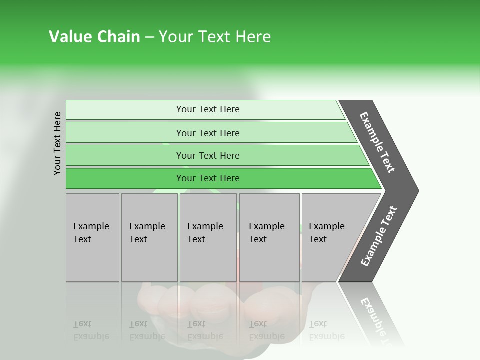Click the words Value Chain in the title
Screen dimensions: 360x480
[x=94, y=37]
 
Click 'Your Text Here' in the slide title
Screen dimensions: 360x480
[x=215, y=37]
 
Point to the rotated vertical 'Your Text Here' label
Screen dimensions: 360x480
[x=57, y=143]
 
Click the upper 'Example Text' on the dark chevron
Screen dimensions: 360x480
[x=377, y=142]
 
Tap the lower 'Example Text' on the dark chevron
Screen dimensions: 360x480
[x=379, y=236]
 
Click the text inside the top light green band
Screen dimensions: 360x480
[x=208, y=109]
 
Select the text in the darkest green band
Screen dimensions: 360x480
[x=208, y=178]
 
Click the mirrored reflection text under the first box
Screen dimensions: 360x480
[x=91, y=330]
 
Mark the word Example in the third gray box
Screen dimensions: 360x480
[x=205, y=226]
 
